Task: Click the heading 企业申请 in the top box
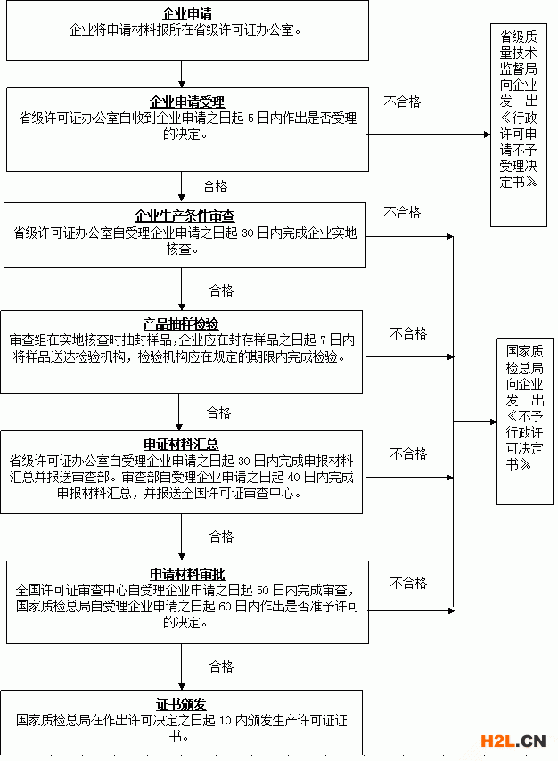click(187, 14)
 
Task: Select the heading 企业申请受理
click(187, 102)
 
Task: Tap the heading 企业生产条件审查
click(185, 216)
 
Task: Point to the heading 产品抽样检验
click(181, 323)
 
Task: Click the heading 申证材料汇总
click(181, 444)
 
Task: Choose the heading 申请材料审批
click(187, 574)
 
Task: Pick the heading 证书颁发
click(181, 704)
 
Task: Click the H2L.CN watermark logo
click(513, 741)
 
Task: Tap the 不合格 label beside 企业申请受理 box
click(402, 102)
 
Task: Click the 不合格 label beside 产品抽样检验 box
click(408, 333)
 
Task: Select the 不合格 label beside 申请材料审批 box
click(408, 583)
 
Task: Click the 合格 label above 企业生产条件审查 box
click(215, 186)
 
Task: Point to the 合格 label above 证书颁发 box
click(221, 667)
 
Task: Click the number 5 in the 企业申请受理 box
click(250, 119)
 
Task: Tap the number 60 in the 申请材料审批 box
click(225, 607)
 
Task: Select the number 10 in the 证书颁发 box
click(225, 721)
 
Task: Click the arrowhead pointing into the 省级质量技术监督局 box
click(487, 135)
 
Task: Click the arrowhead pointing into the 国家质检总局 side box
click(494, 421)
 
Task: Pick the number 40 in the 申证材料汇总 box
click(293, 478)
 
